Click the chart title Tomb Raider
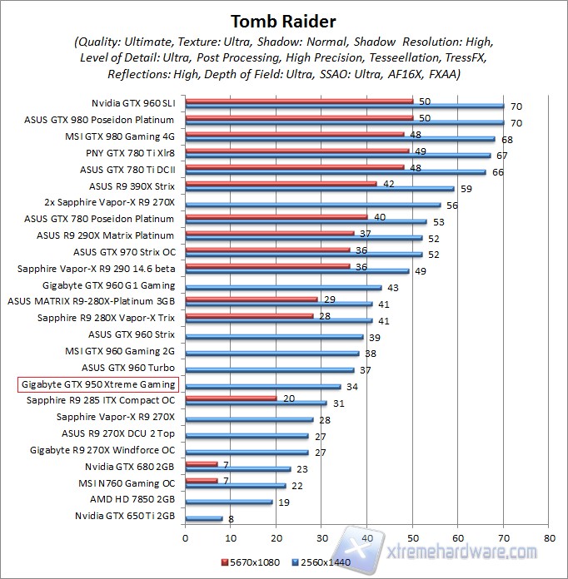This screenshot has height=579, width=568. coord(283,20)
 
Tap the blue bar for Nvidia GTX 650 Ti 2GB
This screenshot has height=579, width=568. coord(203,518)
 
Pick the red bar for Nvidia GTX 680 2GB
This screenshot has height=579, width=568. coord(201,463)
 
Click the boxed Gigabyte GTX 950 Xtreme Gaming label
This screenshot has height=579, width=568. coord(98,384)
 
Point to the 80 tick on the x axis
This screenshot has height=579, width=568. coord(547,538)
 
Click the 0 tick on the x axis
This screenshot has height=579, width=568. coord(186,538)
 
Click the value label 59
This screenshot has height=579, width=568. coord(466,189)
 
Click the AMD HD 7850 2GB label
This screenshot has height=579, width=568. coord(132,500)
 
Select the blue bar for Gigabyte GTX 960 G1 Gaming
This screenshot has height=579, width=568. coord(283,288)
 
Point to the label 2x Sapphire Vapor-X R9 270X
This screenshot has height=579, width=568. coord(109,202)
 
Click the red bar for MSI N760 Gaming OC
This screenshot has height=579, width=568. coord(201,480)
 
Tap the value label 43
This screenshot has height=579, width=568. coord(393,288)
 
